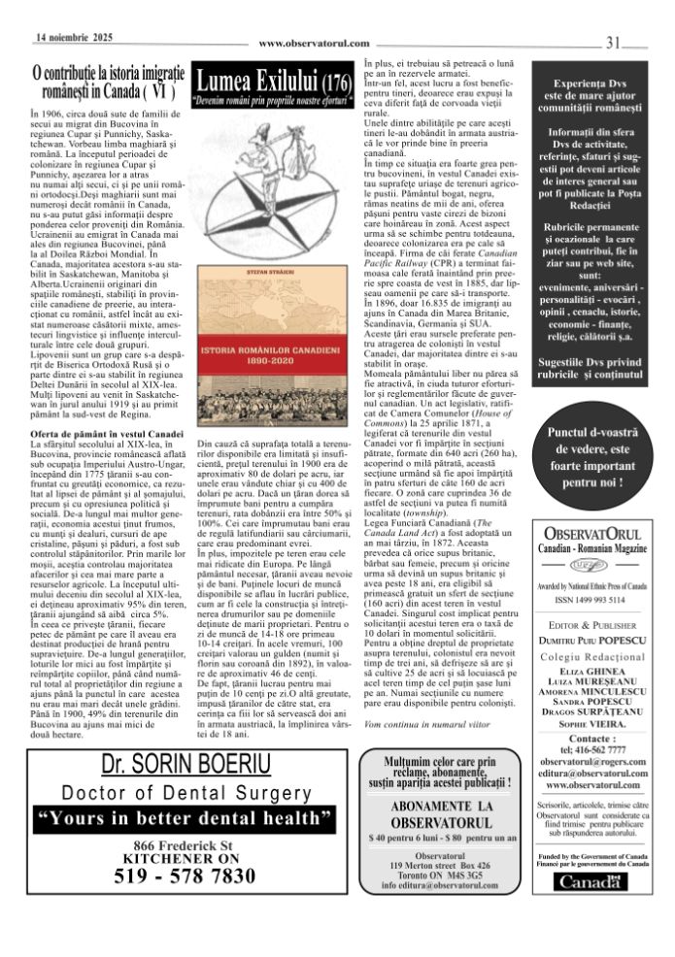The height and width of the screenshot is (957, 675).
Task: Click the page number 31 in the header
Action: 614,42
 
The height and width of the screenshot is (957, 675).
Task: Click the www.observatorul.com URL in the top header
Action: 315,44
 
